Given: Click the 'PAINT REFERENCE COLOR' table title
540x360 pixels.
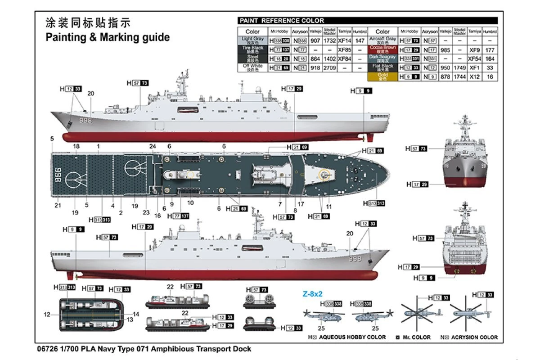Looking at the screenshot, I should click(281, 21).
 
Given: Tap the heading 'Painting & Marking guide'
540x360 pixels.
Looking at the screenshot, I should click(108, 37).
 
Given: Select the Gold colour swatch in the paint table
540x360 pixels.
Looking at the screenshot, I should click(382, 77).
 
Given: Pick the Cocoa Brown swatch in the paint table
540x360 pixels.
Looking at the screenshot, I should click(382, 49).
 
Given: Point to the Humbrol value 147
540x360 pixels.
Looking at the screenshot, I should click(360, 40).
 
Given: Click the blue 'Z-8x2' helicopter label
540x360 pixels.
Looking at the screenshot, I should click(312, 294).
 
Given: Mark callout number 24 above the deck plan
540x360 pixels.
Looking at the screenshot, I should click(153, 146).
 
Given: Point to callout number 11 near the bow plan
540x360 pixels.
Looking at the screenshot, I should click(329, 207).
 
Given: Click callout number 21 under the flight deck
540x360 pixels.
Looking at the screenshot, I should click(57, 206).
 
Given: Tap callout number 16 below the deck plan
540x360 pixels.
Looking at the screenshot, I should click(157, 216).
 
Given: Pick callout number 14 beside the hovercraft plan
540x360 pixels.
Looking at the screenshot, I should click(136, 314).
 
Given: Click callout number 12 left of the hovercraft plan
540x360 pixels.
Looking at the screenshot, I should click(47, 315).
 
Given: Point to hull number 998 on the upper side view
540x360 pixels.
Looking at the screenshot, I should click(85, 121).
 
